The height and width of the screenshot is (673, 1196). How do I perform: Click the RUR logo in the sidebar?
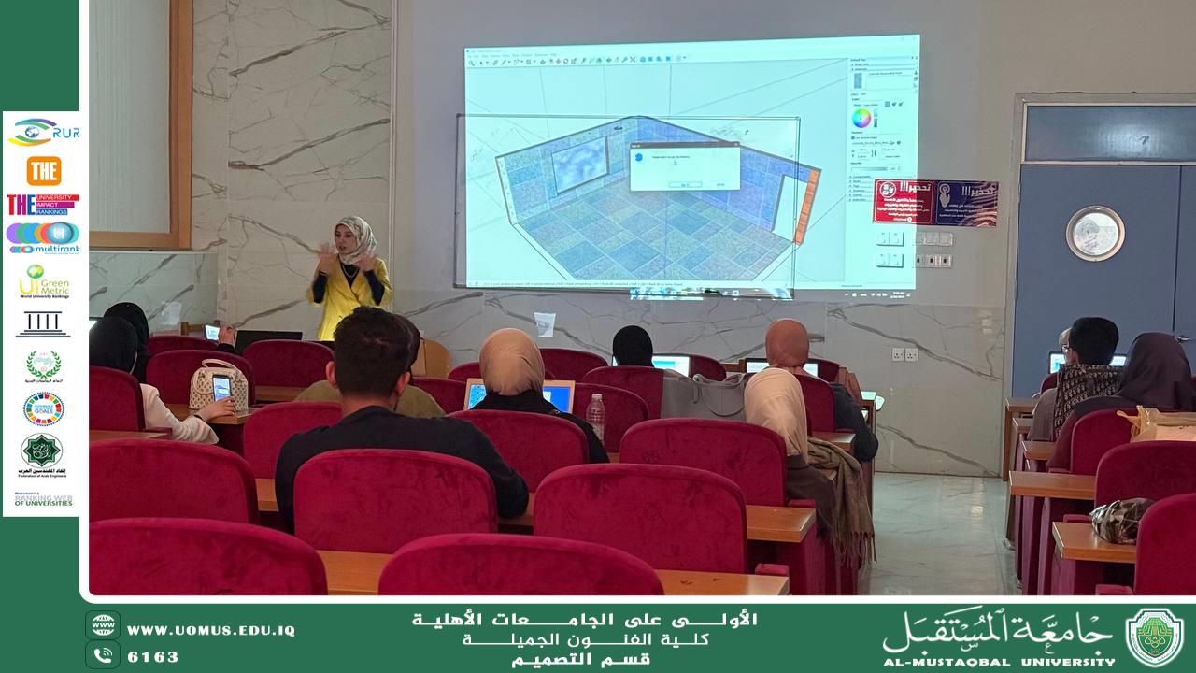point(43,133)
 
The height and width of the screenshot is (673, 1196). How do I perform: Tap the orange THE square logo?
point(43,171)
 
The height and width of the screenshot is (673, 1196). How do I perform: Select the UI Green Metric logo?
point(43,280)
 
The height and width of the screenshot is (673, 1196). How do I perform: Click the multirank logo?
point(43,237)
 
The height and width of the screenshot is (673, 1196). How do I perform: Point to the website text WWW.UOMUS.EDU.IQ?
point(210,631)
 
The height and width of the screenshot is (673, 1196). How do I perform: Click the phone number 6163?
point(152,656)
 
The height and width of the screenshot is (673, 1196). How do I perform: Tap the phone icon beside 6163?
point(103,654)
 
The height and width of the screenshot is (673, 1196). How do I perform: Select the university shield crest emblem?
point(1155,637)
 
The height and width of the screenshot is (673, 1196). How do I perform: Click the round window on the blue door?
point(1094,233)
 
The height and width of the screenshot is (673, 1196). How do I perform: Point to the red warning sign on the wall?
point(935,202)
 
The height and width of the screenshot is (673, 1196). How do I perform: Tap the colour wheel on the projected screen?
point(861,119)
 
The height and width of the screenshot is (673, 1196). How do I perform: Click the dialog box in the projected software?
point(684,166)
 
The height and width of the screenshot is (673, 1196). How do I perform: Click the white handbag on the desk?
point(218,383)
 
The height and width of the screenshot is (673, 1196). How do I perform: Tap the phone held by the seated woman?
point(221,387)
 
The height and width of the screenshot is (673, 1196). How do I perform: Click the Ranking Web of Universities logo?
point(43,499)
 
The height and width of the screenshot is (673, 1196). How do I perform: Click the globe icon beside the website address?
point(103,624)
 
